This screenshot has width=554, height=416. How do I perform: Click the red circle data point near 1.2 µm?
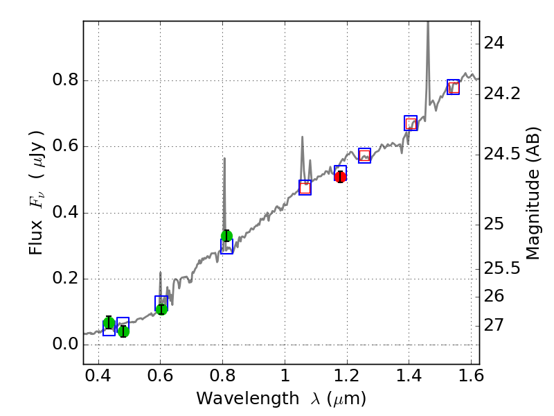[340, 177]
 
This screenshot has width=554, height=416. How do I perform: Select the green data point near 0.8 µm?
[226, 236]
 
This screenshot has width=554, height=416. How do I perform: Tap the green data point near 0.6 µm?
[161, 309]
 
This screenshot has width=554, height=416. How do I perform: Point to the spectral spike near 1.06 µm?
[302, 139]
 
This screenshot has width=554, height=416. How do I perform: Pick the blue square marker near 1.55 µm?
[454, 87]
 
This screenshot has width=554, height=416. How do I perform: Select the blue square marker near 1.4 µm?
[411, 123]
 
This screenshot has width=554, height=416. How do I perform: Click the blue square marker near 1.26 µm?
[365, 155]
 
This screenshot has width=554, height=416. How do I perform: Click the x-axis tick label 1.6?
[471, 379]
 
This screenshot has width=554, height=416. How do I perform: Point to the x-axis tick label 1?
[285, 379]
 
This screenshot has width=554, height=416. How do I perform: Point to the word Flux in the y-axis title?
[37, 239]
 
